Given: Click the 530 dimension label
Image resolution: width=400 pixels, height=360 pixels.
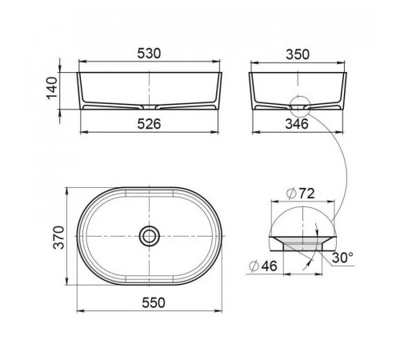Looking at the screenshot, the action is (x=149, y=54).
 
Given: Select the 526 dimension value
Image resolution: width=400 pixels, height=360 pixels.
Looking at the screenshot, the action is (x=149, y=124).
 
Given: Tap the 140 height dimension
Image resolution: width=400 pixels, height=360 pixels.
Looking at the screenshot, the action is (x=52, y=88).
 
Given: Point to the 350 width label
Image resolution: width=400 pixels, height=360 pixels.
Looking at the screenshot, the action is (x=298, y=54).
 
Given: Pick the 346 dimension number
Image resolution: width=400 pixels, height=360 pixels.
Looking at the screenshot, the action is (x=297, y=124).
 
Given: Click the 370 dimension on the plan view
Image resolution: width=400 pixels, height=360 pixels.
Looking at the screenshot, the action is (x=58, y=238).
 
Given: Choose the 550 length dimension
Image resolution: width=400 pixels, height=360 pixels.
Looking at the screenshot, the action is (x=154, y=302).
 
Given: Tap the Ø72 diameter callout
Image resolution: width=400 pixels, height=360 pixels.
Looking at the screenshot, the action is (x=301, y=194).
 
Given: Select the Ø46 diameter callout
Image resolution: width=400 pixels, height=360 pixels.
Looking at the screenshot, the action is (x=263, y=266).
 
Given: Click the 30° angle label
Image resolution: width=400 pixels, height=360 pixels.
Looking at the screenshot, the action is (x=342, y=258).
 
